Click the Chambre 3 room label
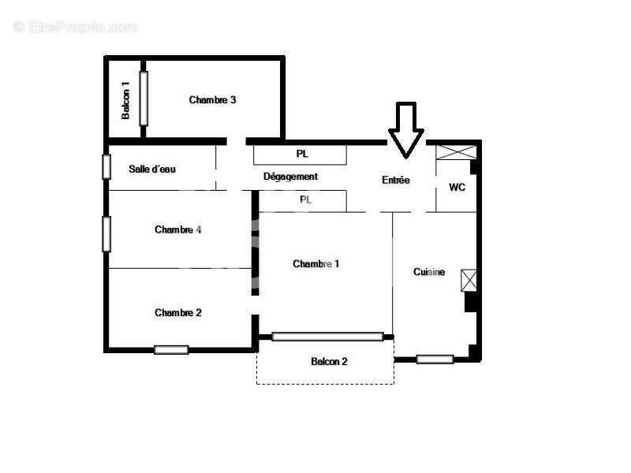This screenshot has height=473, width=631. click(x=212, y=100)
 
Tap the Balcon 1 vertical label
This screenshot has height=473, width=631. click(x=125, y=100)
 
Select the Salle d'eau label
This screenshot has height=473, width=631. click(x=152, y=169)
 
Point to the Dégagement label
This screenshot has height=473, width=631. click(x=290, y=177)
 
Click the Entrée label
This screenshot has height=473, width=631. click(x=396, y=181)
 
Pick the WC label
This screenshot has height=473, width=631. click(x=457, y=188)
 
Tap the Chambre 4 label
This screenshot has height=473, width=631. click(x=178, y=230)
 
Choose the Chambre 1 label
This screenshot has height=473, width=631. click(x=315, y=264)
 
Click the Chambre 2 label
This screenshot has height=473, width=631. click(x=178, y=313)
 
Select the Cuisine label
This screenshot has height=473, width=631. click(x=429, y=272)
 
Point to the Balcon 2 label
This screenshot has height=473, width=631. click(x=329, y=362)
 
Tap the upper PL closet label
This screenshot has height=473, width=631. click(x=302, y=154)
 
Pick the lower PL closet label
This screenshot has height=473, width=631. click(x=306, y=200)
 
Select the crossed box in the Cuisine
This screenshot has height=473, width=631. click(x=469, y=280)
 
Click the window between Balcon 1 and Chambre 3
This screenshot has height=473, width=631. click(x=144, y=98)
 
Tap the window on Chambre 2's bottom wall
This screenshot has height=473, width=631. click(x=171, y=349)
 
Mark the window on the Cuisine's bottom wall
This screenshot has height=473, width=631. click(x=435, y=359)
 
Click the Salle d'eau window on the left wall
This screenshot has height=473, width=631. click(x=106, y=166)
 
